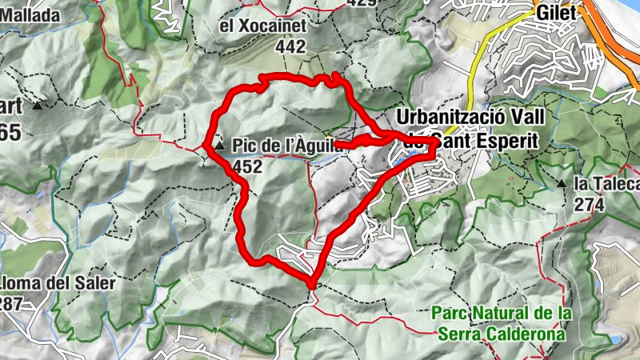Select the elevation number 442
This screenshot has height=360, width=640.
[x=290, y=47]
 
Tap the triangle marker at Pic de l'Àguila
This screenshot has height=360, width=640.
[x=220, y=146]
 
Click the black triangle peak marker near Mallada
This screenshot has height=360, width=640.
[x=37, y=105]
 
